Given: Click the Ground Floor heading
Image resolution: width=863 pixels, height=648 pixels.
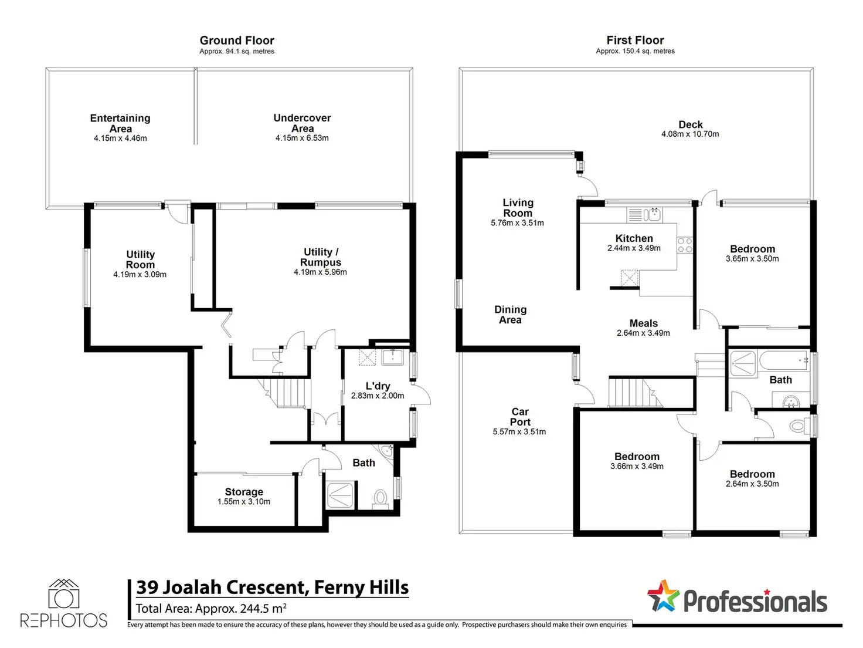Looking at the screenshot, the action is pos(237,41).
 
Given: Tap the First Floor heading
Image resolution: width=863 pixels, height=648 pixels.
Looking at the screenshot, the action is pos(635,40).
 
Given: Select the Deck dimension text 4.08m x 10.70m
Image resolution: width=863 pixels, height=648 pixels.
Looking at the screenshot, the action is pos(690,134).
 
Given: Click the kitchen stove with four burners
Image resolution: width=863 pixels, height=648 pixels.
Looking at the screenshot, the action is pos(685,245).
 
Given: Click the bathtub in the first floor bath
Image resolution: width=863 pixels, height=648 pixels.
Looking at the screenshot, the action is pos(784,360).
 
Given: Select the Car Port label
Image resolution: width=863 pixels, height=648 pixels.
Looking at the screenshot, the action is pos(520,417).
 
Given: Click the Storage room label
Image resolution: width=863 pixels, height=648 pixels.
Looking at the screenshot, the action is pos(244,492).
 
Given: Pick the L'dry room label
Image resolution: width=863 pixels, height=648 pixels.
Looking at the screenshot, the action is pos(378,386).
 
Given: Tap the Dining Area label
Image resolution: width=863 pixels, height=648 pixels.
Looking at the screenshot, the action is pos(510,315).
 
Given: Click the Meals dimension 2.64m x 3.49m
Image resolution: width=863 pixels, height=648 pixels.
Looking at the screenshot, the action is pos(643,333).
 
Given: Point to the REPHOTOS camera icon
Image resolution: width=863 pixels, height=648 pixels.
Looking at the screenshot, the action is pos(64,593).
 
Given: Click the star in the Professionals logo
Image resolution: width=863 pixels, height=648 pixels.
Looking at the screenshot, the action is pos(663,596).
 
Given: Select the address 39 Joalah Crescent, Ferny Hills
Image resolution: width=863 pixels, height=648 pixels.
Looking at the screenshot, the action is pos(272,588).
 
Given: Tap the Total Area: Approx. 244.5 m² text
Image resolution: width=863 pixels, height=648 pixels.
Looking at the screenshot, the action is pos(211,609).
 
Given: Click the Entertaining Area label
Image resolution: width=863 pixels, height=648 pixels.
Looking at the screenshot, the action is pos(120,123).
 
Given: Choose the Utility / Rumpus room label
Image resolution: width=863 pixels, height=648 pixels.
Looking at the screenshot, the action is pos(321,257).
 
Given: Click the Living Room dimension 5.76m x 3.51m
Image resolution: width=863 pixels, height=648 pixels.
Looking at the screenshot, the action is pos(517,223).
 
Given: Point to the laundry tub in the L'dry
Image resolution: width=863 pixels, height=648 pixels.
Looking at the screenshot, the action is pos(392,357).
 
